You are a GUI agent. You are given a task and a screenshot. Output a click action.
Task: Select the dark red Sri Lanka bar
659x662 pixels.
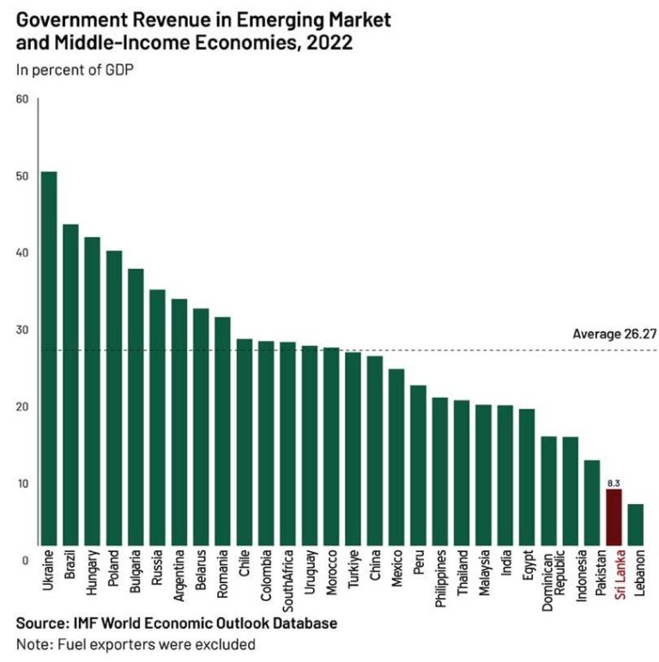tap(614, 516)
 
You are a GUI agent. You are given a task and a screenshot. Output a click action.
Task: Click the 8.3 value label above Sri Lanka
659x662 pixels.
tap(613, 483)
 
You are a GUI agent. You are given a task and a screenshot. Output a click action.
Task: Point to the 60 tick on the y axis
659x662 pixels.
tap(22, 99)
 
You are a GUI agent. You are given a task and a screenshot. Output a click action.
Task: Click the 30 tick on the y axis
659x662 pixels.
tap(22, 330)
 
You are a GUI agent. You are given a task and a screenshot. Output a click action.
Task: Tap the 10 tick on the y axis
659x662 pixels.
tap(22, 483)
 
